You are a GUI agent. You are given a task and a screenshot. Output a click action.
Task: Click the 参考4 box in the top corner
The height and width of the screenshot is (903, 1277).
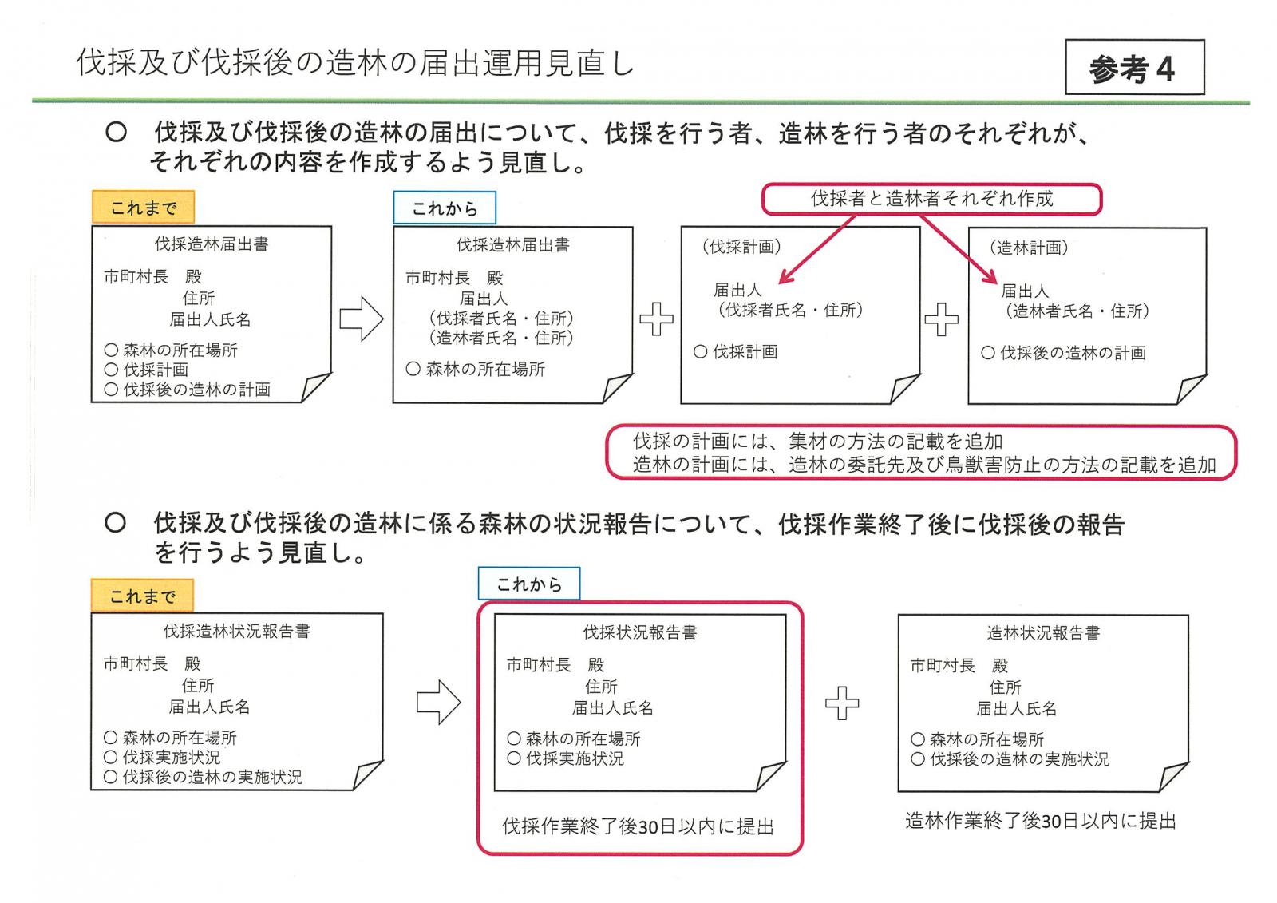pos(1134,67)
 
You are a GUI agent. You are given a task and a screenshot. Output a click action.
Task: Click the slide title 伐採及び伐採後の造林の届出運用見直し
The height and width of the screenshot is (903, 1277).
pos(355,63)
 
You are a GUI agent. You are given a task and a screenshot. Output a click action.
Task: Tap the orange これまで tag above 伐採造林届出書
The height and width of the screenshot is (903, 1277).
pos(143,207)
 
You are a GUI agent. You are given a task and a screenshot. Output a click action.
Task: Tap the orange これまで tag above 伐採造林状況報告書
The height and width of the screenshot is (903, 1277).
pos(143,596)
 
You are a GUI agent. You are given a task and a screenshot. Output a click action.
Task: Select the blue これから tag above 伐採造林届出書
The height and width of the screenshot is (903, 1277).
pos(445,208)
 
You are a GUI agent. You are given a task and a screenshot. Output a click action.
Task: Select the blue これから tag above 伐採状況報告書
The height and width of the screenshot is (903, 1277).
pos(529,584)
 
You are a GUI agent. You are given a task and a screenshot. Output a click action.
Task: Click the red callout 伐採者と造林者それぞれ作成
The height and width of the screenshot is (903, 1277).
pos(932,199)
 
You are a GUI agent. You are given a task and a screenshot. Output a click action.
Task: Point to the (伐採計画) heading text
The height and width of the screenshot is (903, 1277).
pos(741,247)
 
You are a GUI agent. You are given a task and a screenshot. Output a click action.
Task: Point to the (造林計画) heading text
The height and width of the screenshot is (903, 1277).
pos(1029,248)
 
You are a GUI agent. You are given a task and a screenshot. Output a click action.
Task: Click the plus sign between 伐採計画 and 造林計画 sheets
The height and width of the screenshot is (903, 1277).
pos(941,319)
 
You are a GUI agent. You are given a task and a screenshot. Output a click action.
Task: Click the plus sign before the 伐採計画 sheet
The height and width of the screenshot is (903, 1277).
pos(656,319)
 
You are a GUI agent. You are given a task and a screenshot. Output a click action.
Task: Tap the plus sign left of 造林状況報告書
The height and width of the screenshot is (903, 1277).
pos(842,703)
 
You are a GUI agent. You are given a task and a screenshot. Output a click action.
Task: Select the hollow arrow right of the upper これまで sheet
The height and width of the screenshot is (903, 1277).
pos(362,319)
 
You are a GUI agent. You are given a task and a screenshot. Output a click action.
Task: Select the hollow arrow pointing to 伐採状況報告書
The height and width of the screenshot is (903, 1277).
pos(438,703)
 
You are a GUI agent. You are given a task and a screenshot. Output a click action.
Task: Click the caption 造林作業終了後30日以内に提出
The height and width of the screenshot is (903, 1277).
pos(1041,821)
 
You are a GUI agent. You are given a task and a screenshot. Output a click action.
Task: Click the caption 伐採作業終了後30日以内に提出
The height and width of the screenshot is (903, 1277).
pos(638,826)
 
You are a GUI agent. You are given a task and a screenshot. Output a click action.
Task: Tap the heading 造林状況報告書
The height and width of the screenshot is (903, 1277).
pos(1043,632)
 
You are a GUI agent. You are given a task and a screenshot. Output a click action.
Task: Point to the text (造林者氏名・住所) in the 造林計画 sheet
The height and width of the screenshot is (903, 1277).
pos(1077,311)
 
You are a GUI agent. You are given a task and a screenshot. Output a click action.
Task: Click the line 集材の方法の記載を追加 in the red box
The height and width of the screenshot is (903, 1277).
pos(895,441)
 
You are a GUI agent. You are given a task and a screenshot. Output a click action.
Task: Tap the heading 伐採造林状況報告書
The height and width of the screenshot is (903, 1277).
pos(236,631)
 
